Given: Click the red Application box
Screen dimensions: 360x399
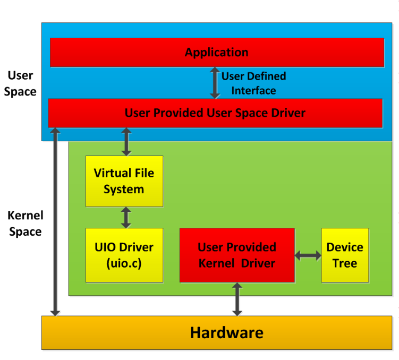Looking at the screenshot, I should pos(217,52).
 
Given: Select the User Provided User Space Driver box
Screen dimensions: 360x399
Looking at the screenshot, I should pos(215,113).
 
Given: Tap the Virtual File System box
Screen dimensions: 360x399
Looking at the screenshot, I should pos(124,181).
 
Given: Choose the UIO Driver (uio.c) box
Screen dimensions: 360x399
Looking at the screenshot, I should pos(124,255).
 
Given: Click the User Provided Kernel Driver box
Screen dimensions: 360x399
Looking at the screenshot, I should pos(237,255).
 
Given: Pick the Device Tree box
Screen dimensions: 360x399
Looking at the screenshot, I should pos(345,255).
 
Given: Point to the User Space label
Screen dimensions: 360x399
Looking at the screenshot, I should pos(20,83).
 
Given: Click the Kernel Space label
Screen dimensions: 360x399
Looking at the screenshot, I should pos(25,224).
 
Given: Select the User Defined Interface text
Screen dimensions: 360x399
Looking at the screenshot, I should pos(253,83).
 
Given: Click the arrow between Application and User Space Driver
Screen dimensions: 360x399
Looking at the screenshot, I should pos(215,83).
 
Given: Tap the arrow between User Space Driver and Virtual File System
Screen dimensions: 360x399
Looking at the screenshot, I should pos(126,141).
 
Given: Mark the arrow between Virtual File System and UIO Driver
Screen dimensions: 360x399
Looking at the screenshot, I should pos(126,217).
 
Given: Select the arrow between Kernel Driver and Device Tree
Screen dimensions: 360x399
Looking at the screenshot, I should pos(308,255).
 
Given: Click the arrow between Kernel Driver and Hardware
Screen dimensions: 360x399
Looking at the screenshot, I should pos(237,299).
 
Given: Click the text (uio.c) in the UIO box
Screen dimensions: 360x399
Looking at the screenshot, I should pos(124,263).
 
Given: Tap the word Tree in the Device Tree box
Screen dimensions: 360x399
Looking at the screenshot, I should pos(345,263).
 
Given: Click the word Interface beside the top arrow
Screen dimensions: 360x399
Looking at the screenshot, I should pos(253,91).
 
